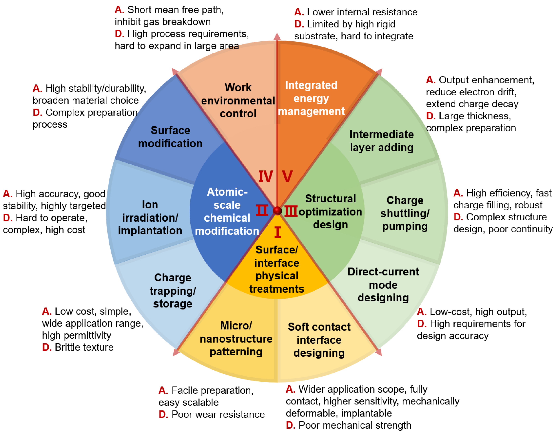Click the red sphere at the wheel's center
click(x=277, y=211)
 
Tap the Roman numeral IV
click(x=266, y=177)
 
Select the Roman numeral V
click(x=287, y=177)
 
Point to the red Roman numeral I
click(x=277, y=232)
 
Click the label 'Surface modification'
click(x=170, y=137)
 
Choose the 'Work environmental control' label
click(x=238, y=100)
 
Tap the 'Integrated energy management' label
click(x=311, y=98)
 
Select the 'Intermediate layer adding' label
click(x=381, y=141)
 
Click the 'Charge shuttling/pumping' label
click(x=405, y=213)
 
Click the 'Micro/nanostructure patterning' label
click(x=236, y=339)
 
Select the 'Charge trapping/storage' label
click(x=173, y=291)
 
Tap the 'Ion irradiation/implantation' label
click(x=150, y=218)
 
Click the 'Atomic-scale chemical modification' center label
click(x=227, y=211)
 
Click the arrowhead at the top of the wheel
click(x=277, y=36)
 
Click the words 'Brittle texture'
click(x=84, y=347)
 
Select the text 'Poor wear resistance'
click(x=218, y=414)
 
